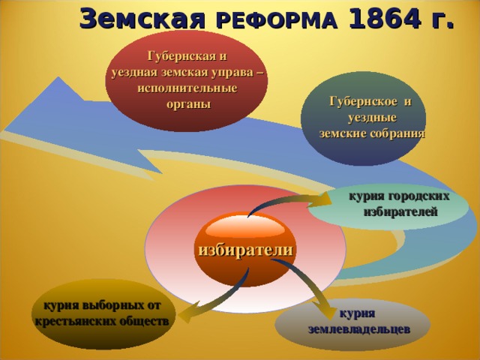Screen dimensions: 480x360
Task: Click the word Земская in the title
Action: [x=142, y=19]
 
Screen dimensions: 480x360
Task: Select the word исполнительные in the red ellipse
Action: [x=187, y=88]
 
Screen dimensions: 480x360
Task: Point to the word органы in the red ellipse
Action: [x=188, y=105]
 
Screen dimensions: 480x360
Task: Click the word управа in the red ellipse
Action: [x=234, y=73]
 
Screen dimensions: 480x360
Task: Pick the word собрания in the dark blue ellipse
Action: [x=398, y=133]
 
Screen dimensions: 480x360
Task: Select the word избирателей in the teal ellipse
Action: [x=400, y=211]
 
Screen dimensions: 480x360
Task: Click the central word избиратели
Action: [x=246, y=250]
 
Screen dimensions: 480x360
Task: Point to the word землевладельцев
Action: [x=358, y=330]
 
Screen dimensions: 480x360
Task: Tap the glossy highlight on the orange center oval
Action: [x=245, y=228]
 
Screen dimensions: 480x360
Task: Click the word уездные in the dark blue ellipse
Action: [x=372, y=118]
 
